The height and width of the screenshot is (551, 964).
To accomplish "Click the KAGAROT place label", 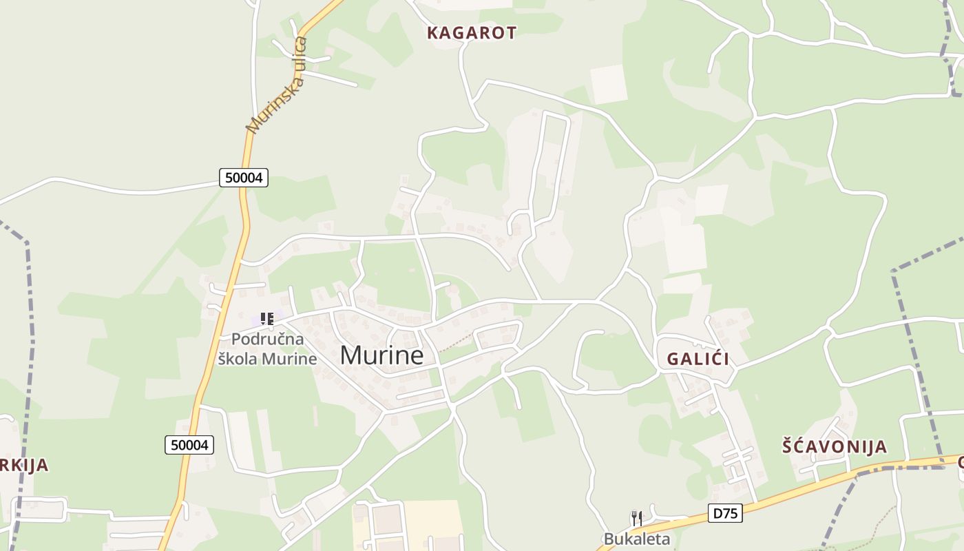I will (472, 32).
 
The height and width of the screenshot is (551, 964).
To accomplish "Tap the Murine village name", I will (381, 355).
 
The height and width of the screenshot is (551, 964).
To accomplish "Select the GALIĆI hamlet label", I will (698, 359).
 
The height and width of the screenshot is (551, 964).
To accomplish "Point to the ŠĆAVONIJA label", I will (835, 446).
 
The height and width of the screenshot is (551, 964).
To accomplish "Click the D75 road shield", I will (725, 513).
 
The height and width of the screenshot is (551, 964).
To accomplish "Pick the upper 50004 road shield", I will (244, 178).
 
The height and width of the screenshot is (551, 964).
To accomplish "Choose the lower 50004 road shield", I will (189, 445).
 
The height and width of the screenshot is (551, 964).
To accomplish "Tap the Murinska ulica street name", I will (277, 85).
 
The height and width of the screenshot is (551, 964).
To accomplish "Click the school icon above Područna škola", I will (267, 319).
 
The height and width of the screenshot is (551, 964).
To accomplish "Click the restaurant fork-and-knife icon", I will (637, 519).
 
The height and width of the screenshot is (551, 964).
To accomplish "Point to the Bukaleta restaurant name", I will (637, 539).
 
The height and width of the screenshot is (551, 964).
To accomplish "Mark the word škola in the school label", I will (241, 359).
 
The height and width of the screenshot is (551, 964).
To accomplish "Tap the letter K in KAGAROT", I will (433, 32).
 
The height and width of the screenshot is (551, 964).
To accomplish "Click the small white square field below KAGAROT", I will (609, 84).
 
